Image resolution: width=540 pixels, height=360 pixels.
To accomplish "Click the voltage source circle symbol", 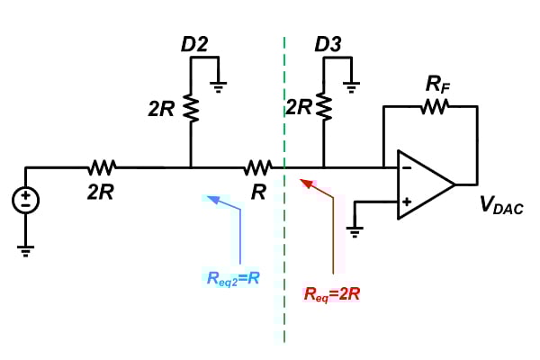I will [x=26, y=201].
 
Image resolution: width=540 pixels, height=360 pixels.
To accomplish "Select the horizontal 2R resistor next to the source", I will [x=102, y=166].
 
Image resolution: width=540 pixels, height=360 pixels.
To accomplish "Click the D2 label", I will [x=193, y=44].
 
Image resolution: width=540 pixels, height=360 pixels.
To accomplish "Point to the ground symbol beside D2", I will [x=219, y=86].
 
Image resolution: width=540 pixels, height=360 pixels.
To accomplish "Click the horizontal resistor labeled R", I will [x=257, y=166].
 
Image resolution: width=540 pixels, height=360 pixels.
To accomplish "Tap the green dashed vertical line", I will [x=285, y=270].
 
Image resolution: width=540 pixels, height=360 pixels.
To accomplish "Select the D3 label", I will [x=326, y=44].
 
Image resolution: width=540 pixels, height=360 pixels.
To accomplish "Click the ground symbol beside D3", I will [x=352, y=86].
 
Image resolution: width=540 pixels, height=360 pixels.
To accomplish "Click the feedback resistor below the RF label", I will [x=434, y=107].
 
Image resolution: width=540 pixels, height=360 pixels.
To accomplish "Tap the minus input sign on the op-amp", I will [x=406, y=166].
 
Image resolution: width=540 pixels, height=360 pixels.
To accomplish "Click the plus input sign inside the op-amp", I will [x=406, y=202].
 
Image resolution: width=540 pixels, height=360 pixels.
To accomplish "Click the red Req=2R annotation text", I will [x=333, y=292].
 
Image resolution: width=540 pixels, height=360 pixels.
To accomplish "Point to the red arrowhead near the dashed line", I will [x=307, y=184].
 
